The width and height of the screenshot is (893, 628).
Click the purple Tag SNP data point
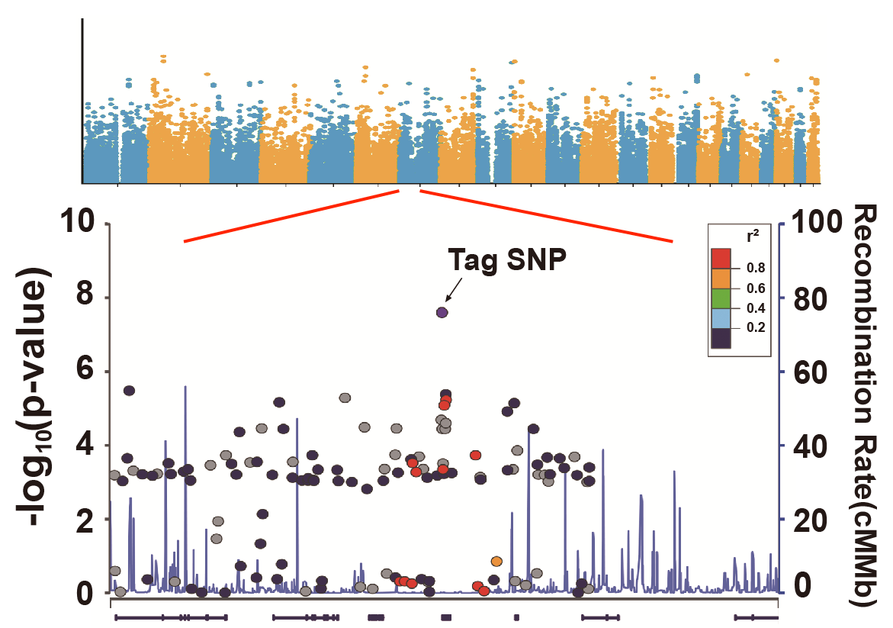tap(442, 312)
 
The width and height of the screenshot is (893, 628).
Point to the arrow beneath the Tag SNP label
tap(454, 290)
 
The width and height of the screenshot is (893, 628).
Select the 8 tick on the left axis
tap(91, 298)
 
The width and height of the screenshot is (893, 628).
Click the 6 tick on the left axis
tap(91, 372)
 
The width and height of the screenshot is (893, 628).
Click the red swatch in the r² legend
tap(721, 259)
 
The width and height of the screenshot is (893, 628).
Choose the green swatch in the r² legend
tap(721, 298)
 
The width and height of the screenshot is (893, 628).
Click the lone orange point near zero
tap(496, 562)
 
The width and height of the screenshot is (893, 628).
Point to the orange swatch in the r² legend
tap(721, 279)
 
